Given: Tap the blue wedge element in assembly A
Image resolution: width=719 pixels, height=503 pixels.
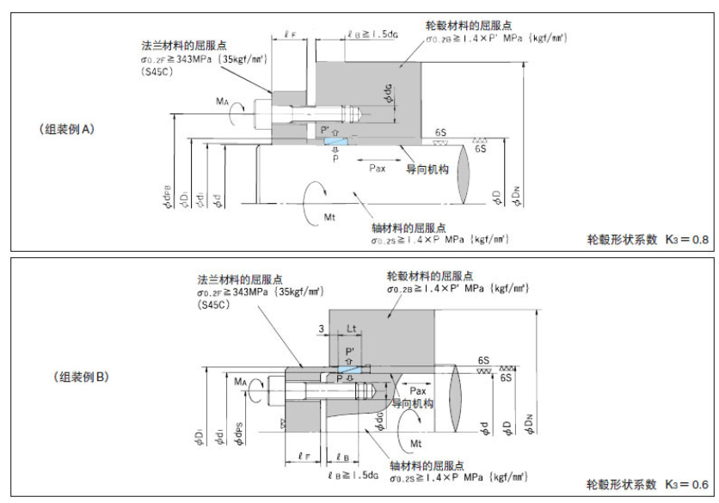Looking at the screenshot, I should [x=335, y=142].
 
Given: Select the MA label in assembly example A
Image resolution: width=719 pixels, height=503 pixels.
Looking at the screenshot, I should [x=222, y=101].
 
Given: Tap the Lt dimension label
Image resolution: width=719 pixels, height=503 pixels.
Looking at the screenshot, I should [x=353, y=328].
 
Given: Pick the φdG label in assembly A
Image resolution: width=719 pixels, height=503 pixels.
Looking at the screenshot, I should [x=389, y=95].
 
